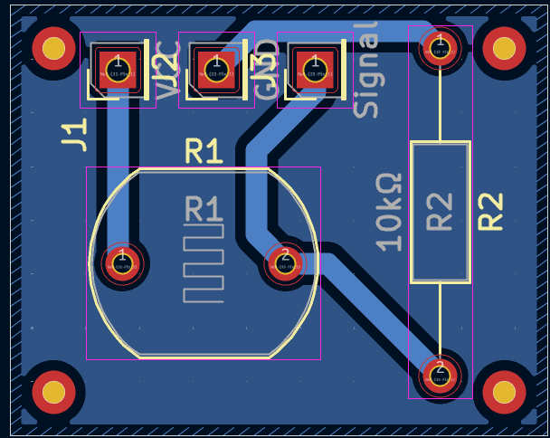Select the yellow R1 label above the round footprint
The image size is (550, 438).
pos(204,151)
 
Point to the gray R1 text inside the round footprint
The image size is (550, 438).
pos(204,210)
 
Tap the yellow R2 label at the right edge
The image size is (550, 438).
pos(490,211)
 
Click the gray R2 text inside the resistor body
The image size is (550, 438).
pos(440,211)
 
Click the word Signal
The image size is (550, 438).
pos(365,71)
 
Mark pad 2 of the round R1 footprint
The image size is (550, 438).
pos(285,263)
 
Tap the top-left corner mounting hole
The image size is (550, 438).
pos(53,47)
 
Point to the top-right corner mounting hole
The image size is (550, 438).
pos(504,47)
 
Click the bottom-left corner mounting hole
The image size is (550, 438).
pos(53,391)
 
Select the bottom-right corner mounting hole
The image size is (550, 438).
pos(504,391)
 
